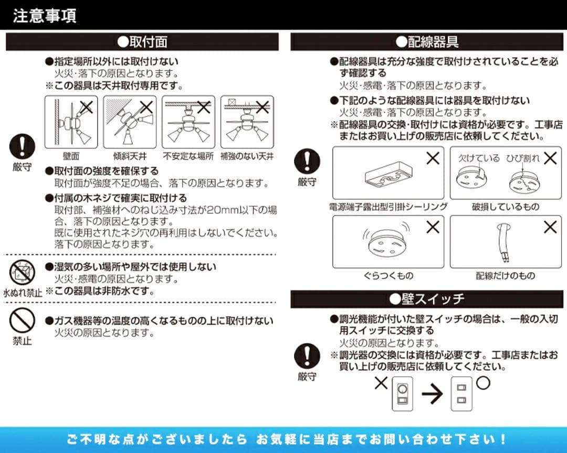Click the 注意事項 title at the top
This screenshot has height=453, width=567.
44,15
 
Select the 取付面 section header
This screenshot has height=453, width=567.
142,42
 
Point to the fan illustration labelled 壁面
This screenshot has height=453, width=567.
71,122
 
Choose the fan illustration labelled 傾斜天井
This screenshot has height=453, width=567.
130,122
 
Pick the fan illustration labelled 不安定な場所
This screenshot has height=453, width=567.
188,122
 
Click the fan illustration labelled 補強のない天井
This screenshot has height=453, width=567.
247,122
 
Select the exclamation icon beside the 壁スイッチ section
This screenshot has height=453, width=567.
307,357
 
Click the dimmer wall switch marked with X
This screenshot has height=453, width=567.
402,394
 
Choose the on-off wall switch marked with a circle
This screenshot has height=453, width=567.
462,394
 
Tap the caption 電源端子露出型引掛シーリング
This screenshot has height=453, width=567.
388,207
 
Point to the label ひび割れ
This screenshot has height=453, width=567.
522,158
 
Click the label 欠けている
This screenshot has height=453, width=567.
478,158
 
